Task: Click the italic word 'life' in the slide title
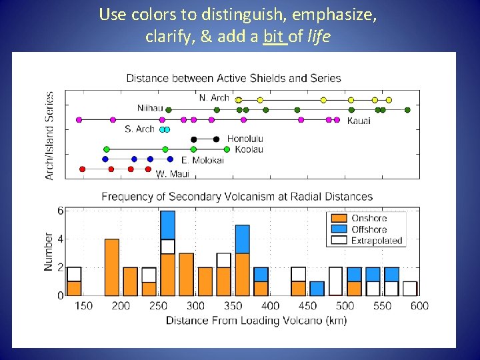[317, 37]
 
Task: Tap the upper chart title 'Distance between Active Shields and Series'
[233, 78]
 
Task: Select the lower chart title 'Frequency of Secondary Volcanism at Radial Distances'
[237, 197]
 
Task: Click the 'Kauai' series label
[359, 121]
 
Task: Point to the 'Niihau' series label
[149, 108]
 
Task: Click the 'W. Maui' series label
[173, 174]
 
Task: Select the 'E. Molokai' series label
[203, 160]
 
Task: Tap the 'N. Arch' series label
[214, 98]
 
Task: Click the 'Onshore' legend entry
[369, 218]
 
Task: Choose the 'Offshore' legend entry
[369, 229]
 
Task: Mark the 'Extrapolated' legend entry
[377, 241]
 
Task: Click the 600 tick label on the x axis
[419, 306]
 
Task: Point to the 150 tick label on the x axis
[83, 306]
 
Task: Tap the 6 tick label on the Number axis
[61, 211]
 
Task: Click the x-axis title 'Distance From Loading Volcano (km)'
[256, 321]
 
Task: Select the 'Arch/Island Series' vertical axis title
[50, 135]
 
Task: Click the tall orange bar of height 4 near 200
[112, 267]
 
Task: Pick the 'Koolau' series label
[249, 149]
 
